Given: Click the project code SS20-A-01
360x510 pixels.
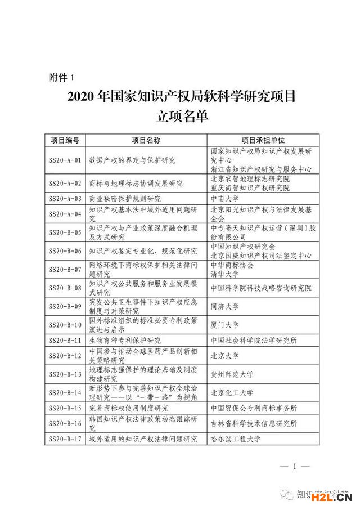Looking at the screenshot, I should coord(65,160).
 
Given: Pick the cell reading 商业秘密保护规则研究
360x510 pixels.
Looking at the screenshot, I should coord(125,198).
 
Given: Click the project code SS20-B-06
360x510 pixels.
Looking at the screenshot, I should coord(65,250).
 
